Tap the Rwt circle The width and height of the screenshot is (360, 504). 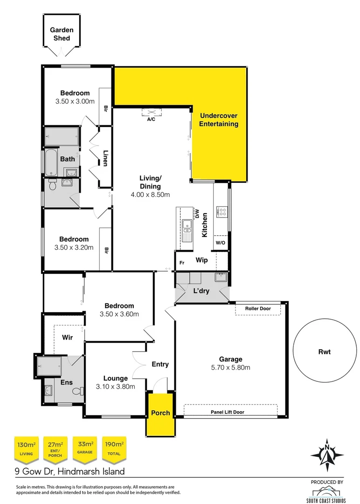[x=324, y=352]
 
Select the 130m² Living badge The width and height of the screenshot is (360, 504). [x=26, y=448]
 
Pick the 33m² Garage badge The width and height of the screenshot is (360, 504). [x=85, y=448]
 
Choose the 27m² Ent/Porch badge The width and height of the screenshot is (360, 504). [x=55, y=448]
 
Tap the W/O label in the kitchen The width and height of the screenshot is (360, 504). [x=220, y=243]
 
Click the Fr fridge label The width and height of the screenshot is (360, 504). [x=182, y=263]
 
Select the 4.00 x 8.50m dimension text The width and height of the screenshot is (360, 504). [x=151, y=194]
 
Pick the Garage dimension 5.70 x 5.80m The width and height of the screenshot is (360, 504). [x=231, y=367]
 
